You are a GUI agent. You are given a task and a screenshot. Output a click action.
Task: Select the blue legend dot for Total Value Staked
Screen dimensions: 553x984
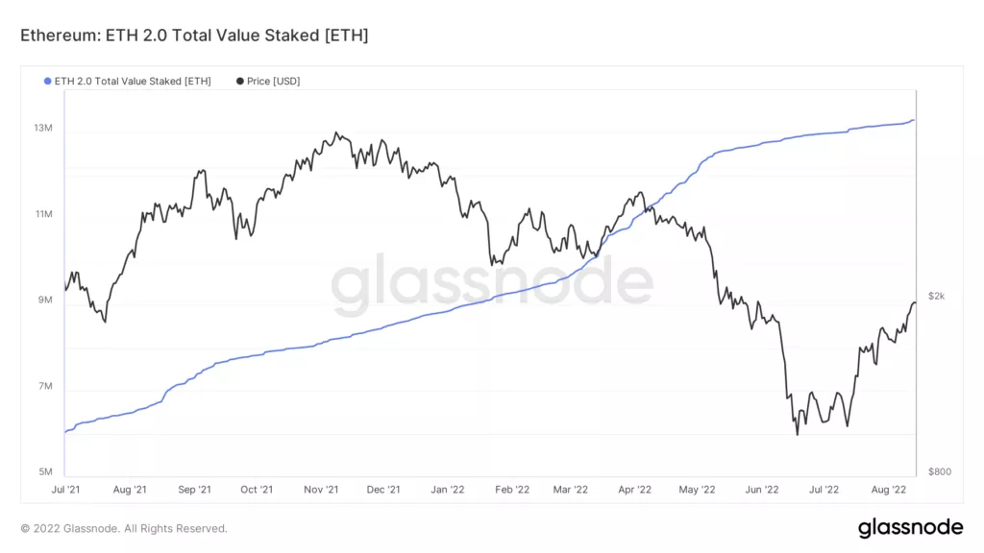[48, 82]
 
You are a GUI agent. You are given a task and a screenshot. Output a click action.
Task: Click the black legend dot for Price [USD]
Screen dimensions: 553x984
[239, 82]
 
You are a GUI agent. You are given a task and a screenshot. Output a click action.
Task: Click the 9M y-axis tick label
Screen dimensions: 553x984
[44, 301]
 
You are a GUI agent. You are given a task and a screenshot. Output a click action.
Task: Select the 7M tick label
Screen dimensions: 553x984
[44, 387]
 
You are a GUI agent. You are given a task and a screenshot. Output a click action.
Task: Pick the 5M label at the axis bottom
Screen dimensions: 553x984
[44, 472]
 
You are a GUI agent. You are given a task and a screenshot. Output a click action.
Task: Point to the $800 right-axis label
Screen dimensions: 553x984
[938, 472]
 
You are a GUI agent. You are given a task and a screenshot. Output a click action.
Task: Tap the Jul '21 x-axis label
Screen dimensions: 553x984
[66, 490]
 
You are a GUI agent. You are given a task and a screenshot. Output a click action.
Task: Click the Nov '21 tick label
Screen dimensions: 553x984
[321, 490]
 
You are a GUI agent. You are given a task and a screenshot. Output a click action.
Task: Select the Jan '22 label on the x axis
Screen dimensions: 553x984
[448, 490]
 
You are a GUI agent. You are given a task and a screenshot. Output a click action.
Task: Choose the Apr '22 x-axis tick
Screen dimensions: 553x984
[633, 490]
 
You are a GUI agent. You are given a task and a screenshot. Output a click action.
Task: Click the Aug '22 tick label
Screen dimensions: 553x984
[889, 490]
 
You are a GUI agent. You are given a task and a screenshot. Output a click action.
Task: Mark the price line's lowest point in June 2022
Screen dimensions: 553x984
[797, 435]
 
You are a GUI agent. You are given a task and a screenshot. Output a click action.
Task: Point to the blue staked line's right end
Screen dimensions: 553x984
[913, 120]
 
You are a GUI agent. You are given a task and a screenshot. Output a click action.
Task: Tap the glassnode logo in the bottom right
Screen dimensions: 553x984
[910, 527]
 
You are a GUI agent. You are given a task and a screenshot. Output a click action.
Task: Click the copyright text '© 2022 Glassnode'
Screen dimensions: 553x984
[124, 528]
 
